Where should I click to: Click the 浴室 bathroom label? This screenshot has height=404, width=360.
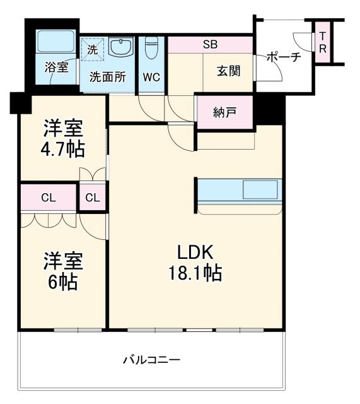(56, 66)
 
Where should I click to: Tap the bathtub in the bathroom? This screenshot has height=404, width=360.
(55, 42)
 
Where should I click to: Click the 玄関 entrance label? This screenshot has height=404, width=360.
(229, 71)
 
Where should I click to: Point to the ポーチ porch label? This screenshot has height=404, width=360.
(283, 57)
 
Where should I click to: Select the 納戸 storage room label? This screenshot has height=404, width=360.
(224, 112)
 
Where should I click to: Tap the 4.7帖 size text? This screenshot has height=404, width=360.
(64, 150)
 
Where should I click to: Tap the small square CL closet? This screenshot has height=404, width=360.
(92, 198)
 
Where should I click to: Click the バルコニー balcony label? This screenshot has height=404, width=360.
(151, 360)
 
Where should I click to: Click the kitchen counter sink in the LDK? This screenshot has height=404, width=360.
(259, 190)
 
